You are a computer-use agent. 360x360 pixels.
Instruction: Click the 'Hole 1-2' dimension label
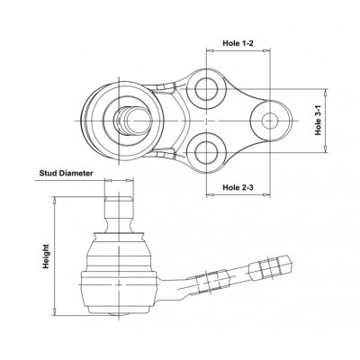pos(238,42)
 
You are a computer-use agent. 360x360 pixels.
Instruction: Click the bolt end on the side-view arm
pos(275,267)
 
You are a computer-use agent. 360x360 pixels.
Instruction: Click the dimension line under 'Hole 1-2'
pos(238,52)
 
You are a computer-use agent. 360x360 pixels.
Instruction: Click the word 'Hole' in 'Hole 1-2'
pos(229,42)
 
